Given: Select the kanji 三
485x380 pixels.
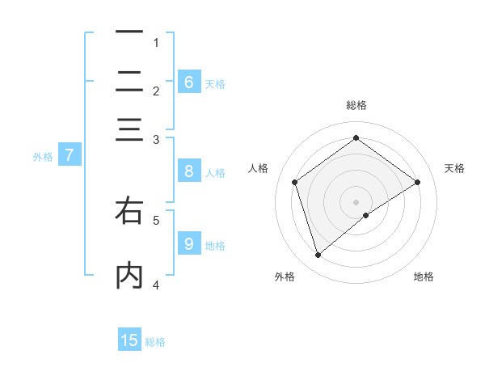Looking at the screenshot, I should click(x=129, y=129).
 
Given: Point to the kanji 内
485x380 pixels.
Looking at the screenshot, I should click(x=129, y=276).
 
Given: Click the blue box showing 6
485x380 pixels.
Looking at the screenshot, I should click(x=188, y=82).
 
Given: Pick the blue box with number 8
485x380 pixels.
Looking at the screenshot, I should click(x=188, y=171).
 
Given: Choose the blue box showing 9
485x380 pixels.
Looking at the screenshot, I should click(x=188, y=243).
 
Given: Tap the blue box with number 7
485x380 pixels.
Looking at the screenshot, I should click(x=69, y=155).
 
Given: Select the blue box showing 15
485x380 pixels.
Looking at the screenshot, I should click(x=129, y=340).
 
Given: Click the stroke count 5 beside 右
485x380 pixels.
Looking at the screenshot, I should click(x=156, y=219).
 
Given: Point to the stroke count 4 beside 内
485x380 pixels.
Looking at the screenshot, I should click(x=156, y=285).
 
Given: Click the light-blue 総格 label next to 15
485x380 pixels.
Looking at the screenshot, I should click(x=155, y=342).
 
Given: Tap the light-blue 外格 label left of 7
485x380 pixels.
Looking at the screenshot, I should click(x=42, y=157).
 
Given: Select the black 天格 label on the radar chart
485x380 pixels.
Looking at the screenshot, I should click(x=454, y=168).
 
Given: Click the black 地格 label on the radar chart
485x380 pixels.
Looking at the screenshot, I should click(x=424, y=277).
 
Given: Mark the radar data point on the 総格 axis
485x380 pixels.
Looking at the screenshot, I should click(x=356, y=137).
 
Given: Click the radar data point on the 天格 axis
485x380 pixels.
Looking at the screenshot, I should click(x=417, y=182).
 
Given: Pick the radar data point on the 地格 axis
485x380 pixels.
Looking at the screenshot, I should click(x=366, y=215).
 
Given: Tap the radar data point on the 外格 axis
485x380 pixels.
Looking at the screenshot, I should click(x=318, y=255).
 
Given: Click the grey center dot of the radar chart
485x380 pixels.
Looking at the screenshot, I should click(x=356, y=201).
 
